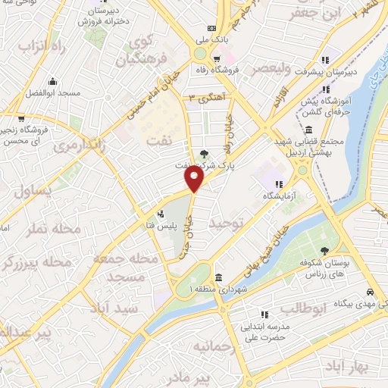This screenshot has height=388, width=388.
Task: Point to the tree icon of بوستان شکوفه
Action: (324, 252)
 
